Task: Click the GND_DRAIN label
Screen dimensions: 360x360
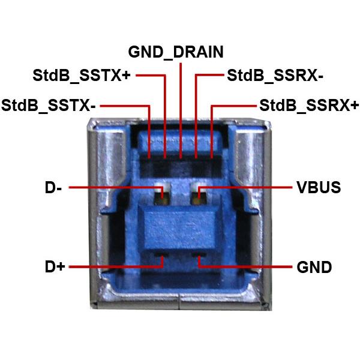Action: click(x=176, y=52)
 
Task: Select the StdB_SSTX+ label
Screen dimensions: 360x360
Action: click(x=82, y=76)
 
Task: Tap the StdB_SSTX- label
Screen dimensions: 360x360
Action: click(x=48, y=106)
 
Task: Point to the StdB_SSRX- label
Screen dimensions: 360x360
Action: click(x=275, y=76)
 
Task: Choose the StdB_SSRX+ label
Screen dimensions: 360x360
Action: click(x=309, y=106)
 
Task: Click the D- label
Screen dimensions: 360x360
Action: click(x=53, y=188)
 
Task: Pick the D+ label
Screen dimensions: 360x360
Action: click(x=55, y=266)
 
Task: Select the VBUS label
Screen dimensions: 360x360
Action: click(x=319, y=188)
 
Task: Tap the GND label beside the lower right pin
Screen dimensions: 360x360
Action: click(x=314, y=267)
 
